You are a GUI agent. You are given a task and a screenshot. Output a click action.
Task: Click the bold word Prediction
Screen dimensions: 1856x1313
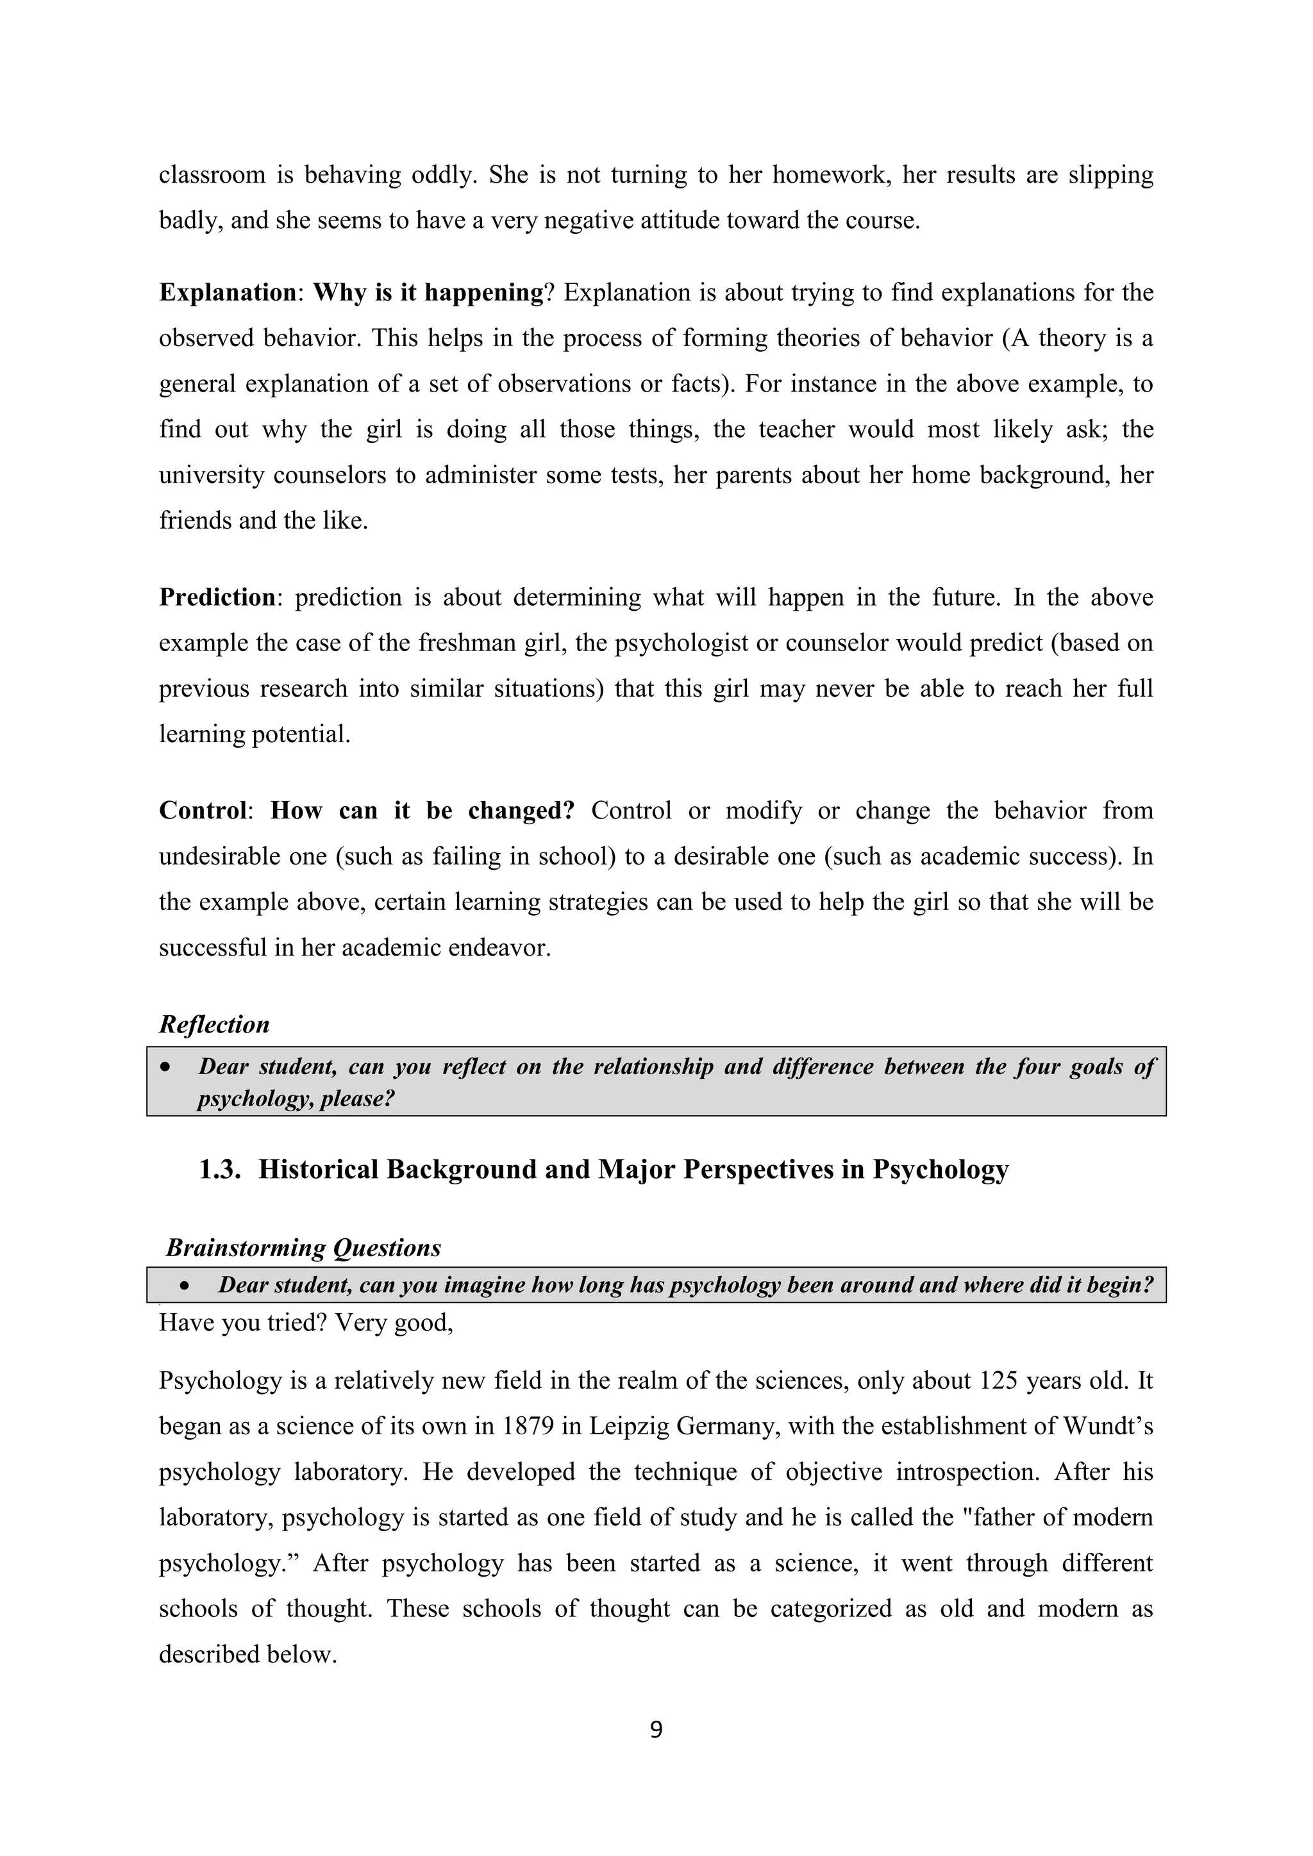click(217, 597)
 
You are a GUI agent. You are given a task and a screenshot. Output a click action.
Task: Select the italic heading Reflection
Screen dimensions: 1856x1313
click(214, 1024)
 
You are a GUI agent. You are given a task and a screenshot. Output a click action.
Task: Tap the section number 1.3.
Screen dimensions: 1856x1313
click(220, 1170)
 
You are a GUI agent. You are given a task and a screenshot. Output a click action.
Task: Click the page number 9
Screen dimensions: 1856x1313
click(656, 1730)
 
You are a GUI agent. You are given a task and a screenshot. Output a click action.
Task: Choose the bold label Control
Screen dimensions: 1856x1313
click(202, 811)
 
